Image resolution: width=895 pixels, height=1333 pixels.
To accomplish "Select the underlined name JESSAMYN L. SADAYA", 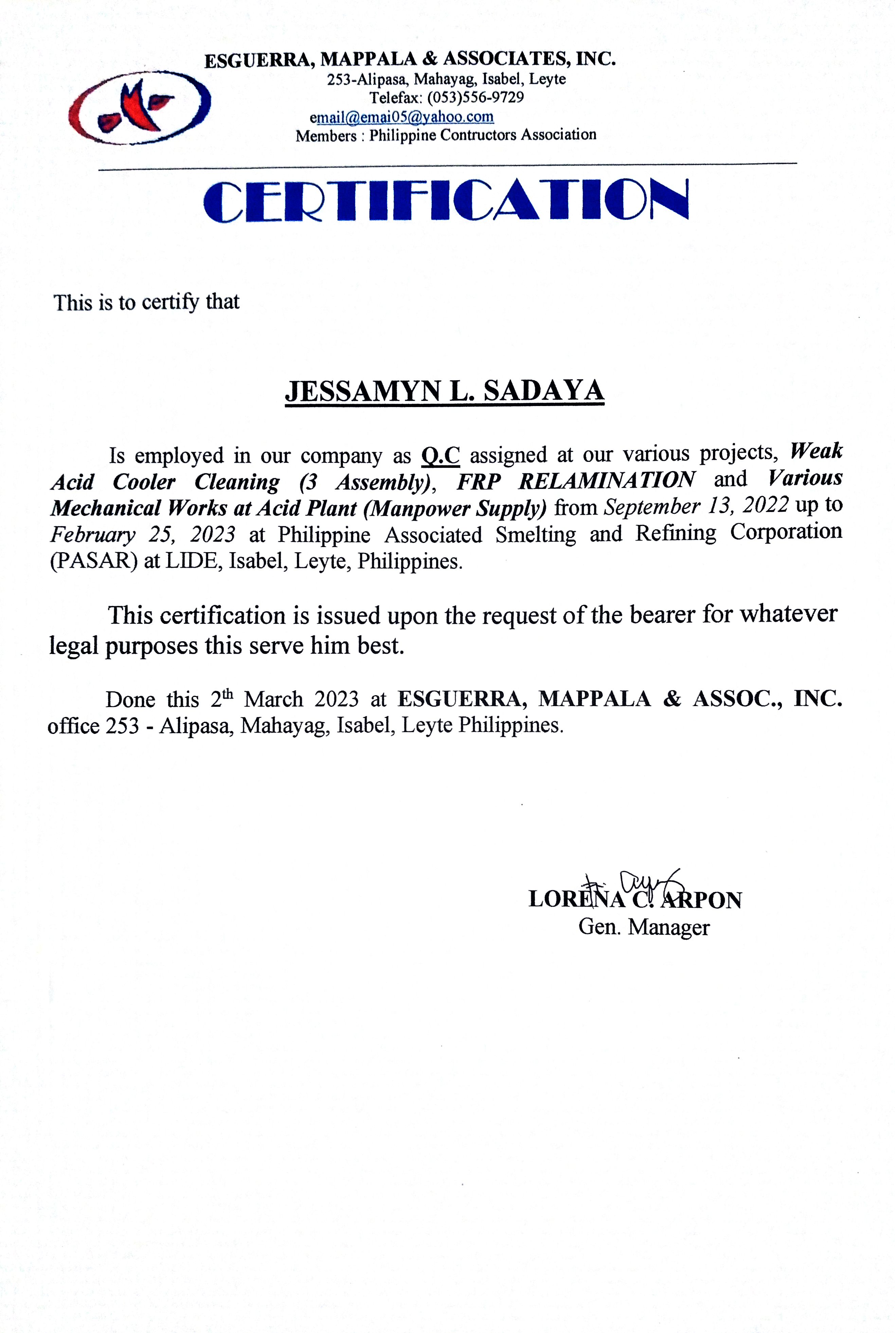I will [444, 392].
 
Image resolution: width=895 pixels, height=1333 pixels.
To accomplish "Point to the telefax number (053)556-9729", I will [476, 98].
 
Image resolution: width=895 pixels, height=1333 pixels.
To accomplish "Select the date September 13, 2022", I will [696, 505].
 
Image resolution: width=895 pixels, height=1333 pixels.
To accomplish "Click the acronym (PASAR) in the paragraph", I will [94, 561].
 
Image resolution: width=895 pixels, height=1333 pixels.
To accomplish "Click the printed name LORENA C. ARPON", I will [635, 900].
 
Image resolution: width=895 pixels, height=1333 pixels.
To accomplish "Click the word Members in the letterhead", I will [326, 136].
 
